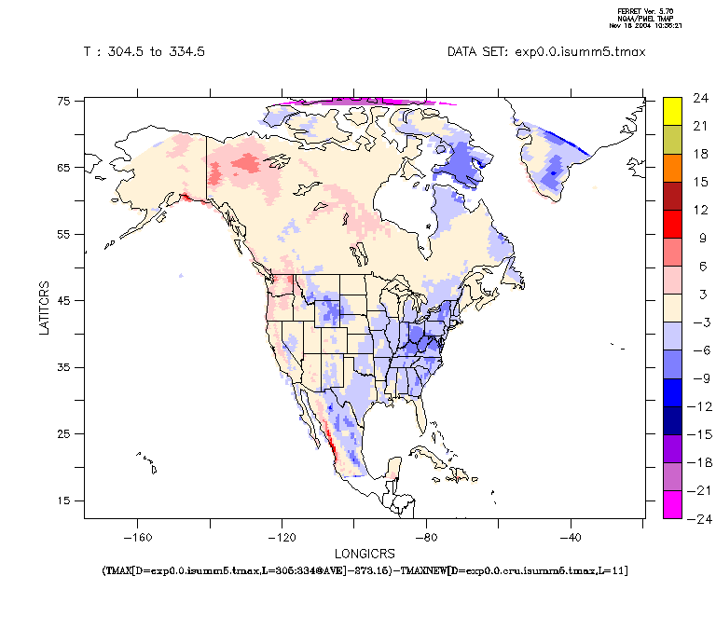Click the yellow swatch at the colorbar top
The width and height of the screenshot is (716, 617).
point(672,111)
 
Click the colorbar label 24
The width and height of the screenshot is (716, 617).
point(699,97)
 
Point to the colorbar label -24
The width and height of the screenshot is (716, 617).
point(699,518)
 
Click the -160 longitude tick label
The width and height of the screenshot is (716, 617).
point(137,537)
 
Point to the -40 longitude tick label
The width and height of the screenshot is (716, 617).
point(571,537)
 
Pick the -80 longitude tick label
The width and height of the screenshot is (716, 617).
point(426,537)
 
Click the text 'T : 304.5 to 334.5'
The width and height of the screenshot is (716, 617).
point(145,51)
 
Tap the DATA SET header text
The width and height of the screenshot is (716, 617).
point(546,51)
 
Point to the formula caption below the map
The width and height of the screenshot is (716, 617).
point(364,569)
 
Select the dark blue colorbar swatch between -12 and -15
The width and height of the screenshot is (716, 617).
point(672,419)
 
